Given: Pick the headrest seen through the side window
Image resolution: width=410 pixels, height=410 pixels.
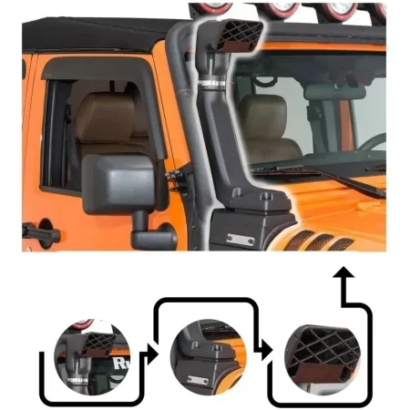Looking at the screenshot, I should click(x=102, y=117).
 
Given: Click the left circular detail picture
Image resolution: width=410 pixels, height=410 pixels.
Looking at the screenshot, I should click(x=92, y=356).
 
